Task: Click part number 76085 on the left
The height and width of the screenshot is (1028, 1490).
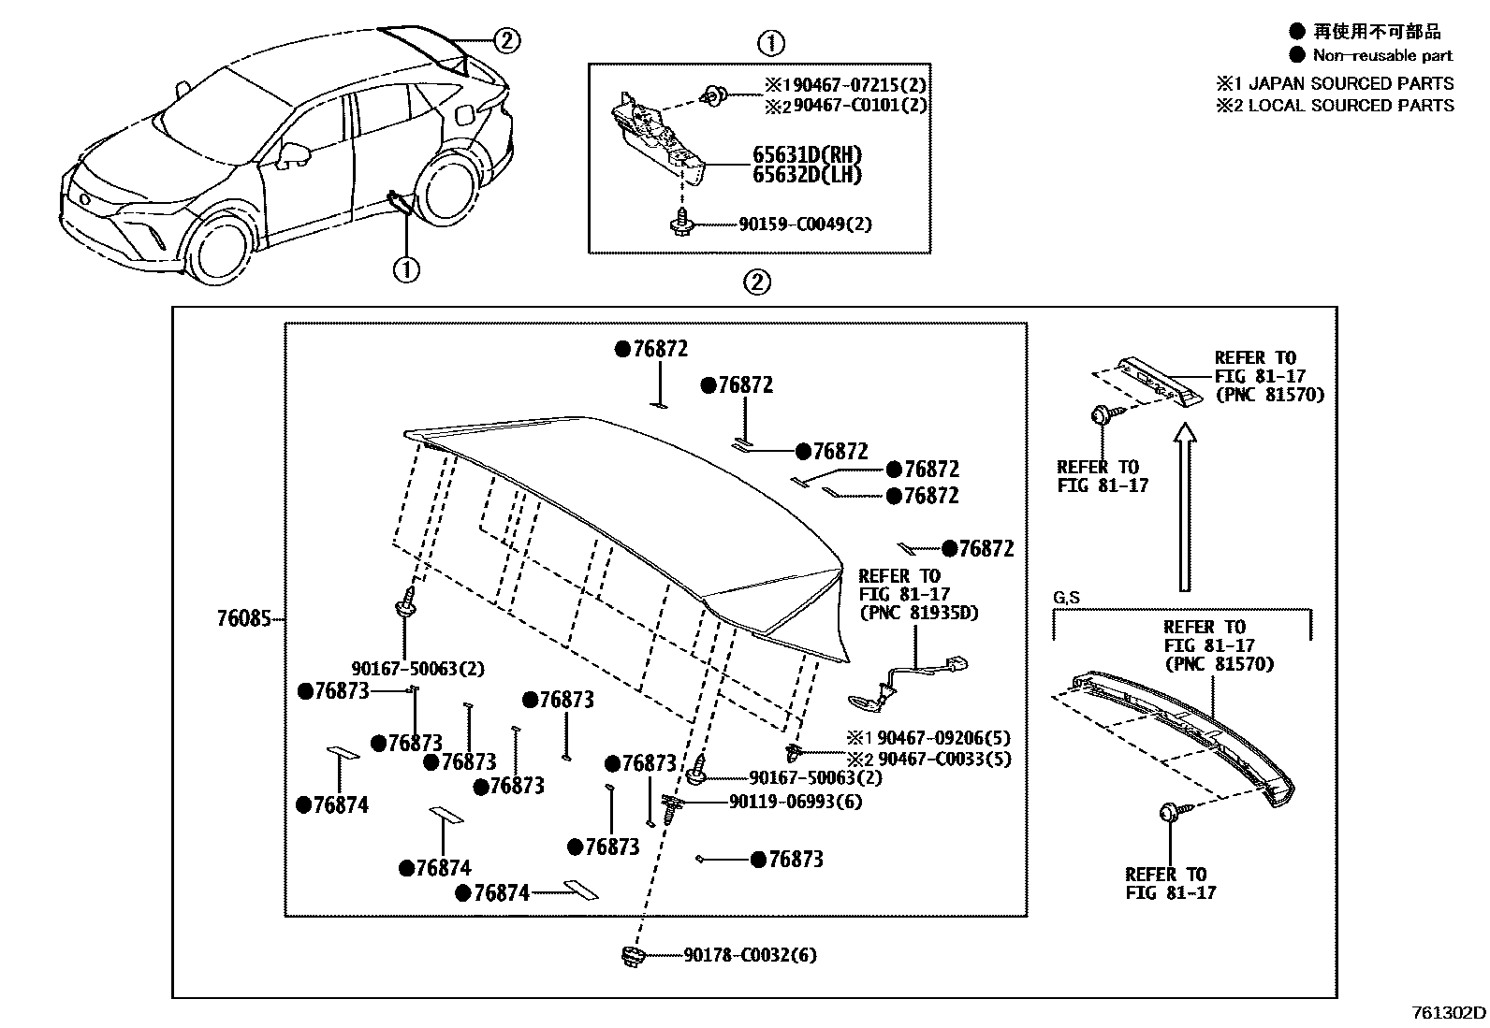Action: pos(243,619)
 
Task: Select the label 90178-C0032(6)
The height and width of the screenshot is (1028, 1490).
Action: pos(749,955)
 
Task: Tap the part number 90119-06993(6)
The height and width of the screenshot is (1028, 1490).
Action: pos(796,802)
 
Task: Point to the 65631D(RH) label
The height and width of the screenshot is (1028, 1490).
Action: pos(807,154)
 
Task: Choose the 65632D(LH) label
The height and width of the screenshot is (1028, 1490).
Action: pos(807,175)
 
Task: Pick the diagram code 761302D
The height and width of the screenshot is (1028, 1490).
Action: pos(1449,1013)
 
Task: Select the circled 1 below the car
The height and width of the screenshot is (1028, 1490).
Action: pos(406,270)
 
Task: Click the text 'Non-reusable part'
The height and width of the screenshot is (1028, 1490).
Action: pos(1382,55)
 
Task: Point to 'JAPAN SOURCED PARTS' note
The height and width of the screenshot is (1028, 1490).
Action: pos(1351,83)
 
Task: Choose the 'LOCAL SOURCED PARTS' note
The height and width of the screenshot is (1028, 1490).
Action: pos(1351,106)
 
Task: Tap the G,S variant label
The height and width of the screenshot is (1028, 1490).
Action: pos(1066,598)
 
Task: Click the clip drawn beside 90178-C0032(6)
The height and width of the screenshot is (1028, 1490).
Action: pos(633,956)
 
